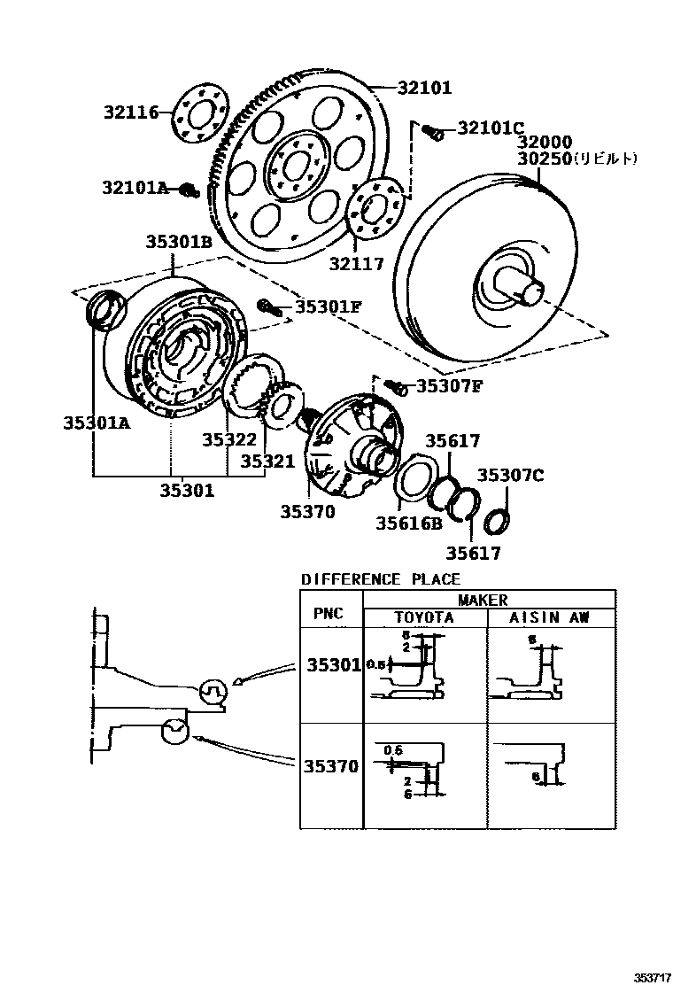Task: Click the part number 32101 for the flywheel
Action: click(x=424, y=88)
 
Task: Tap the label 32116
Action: click(x=130, y=112)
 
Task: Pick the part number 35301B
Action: click(x=180, y=241)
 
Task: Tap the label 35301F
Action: click(x=329, y=306)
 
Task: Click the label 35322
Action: click(x=228, y=440)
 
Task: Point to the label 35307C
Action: click(x=510, y=475)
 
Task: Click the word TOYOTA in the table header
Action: click(x=423, y=617)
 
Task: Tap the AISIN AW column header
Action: click(x=549, y=617)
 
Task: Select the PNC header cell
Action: click(x=329, y=613)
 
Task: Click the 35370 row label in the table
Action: click(x=331, y=766)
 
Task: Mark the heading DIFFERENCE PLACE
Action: click(x=381, y=579)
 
